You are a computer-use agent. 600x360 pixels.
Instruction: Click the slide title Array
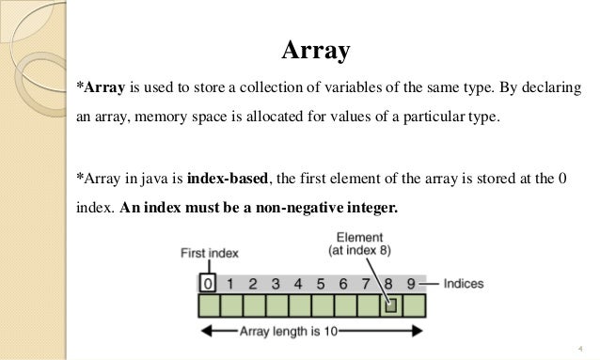coord(315,50)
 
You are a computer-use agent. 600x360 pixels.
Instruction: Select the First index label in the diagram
coord(209,254)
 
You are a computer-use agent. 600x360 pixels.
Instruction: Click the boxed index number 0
coord(208,282)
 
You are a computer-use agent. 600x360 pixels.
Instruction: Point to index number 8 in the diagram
coord(389,282)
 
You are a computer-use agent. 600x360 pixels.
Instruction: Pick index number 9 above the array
coord(412,282)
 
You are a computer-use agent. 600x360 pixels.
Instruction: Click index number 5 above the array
coord(321,282)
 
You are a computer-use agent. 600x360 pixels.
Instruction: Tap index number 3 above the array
coord(276,282)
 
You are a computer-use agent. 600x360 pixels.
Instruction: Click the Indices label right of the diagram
coord(466,282)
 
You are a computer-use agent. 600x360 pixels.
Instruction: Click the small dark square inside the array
coord(389,305)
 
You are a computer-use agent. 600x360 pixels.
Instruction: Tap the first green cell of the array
coord(209,305)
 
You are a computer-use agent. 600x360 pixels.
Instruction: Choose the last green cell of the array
coord(414,305)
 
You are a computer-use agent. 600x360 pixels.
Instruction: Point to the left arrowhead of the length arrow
coord(204,331)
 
